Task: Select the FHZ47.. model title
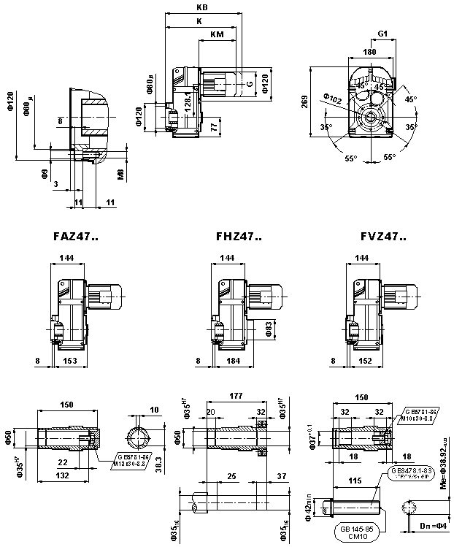click(x=239, y=237)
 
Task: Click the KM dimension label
click(x=217, y=34)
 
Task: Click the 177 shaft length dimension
click(x=236, y=395)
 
